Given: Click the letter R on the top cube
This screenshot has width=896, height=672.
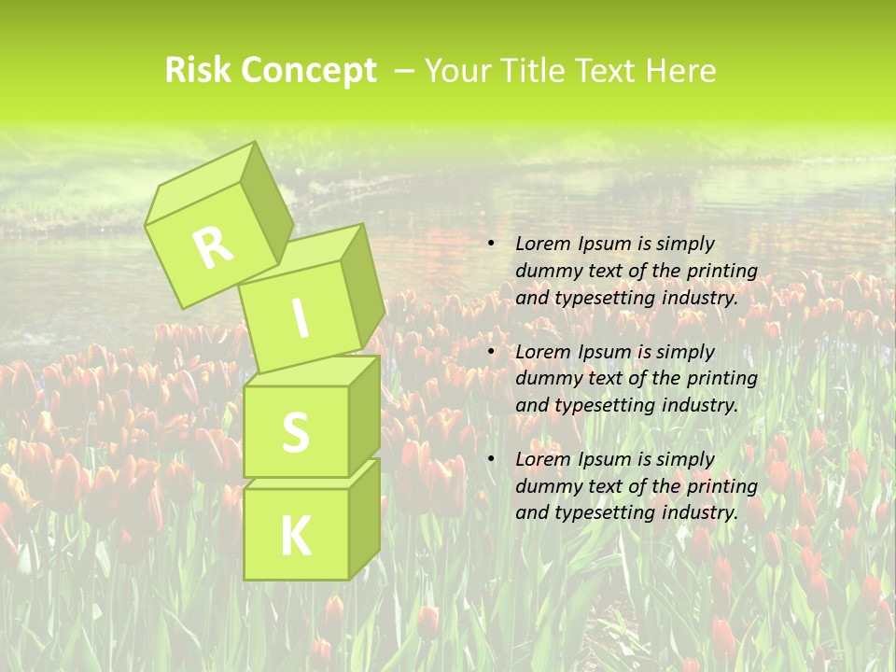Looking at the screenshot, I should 213,247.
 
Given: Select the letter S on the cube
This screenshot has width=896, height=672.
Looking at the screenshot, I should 296,432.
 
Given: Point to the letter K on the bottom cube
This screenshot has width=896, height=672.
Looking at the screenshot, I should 296,536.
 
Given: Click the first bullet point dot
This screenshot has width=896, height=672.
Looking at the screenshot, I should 491,244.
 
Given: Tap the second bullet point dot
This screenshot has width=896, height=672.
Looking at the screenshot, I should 491,352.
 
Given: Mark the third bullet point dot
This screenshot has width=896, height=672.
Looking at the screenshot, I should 491,459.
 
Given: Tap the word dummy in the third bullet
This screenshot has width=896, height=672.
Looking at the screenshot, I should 547,486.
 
